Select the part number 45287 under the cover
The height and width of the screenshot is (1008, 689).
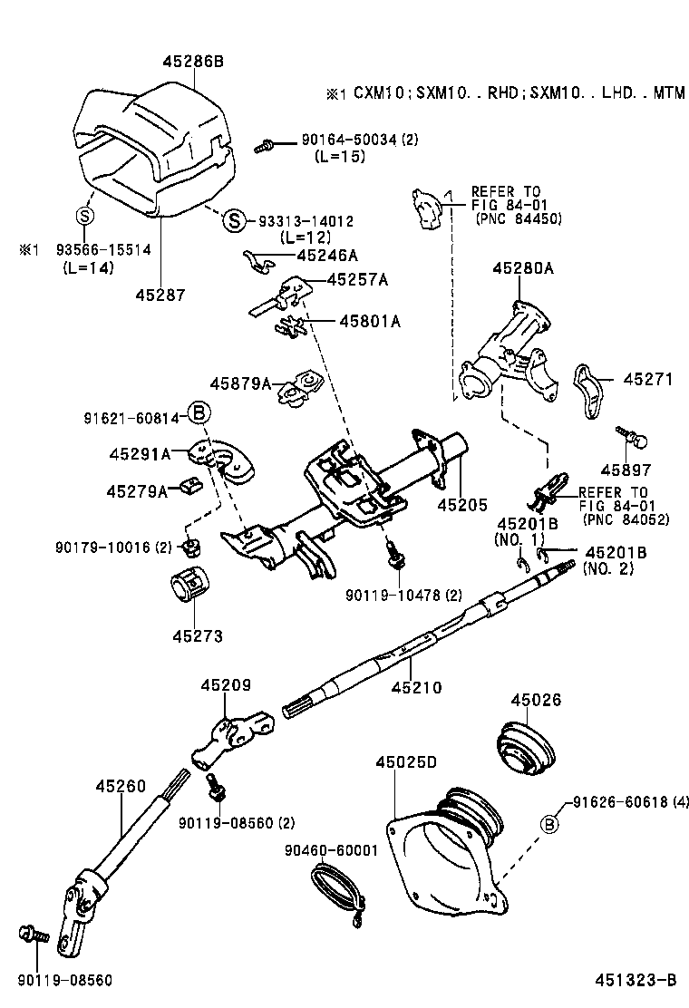tap(160, 295)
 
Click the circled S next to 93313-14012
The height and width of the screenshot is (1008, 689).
tap(234, 220)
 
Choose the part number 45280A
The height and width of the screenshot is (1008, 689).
tap(523, 268)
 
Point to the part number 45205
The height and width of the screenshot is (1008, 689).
tap(462, 504)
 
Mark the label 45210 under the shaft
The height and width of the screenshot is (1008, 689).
tap(416, 688)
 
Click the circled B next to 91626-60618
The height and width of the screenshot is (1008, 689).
tap(549, 824)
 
